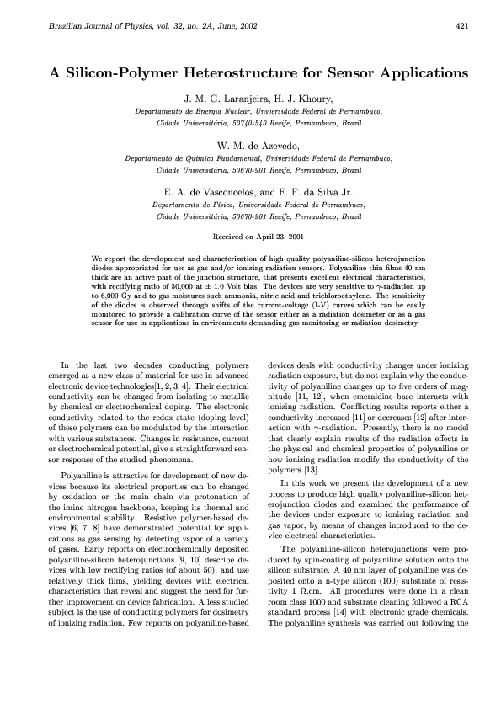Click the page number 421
tap(461, 27)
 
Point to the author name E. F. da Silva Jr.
tap(301, 192)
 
